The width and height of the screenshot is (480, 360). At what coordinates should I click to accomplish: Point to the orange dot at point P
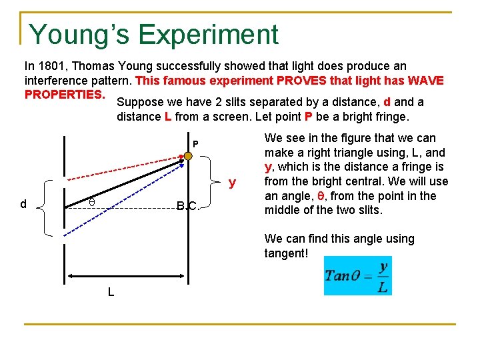point(188,155)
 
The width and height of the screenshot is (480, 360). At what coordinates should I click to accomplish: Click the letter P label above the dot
point(195,145)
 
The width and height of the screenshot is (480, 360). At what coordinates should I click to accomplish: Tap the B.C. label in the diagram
point(187,205)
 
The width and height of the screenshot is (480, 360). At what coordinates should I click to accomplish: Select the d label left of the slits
point(23,204)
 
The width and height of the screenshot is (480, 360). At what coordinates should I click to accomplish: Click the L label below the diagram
point(111,291)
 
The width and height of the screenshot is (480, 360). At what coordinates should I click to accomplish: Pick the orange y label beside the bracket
point(232,181)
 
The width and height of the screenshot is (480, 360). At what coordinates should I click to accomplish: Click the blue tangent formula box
point(357,275)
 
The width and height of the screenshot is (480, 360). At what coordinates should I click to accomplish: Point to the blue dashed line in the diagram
point(127,200)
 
